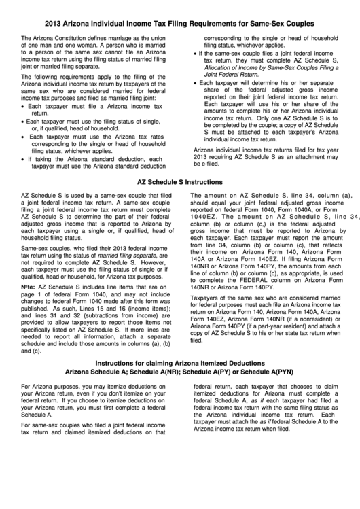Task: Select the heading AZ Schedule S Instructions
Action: (179, 183)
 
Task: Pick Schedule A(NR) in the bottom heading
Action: (156, 390)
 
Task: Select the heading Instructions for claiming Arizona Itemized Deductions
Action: (179, 381)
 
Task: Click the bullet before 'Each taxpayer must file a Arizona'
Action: (24, 107)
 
